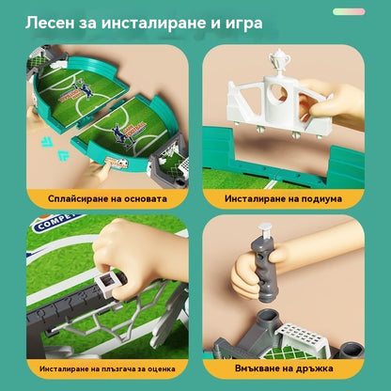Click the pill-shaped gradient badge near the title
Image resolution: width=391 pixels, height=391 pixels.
click(349, 12)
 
